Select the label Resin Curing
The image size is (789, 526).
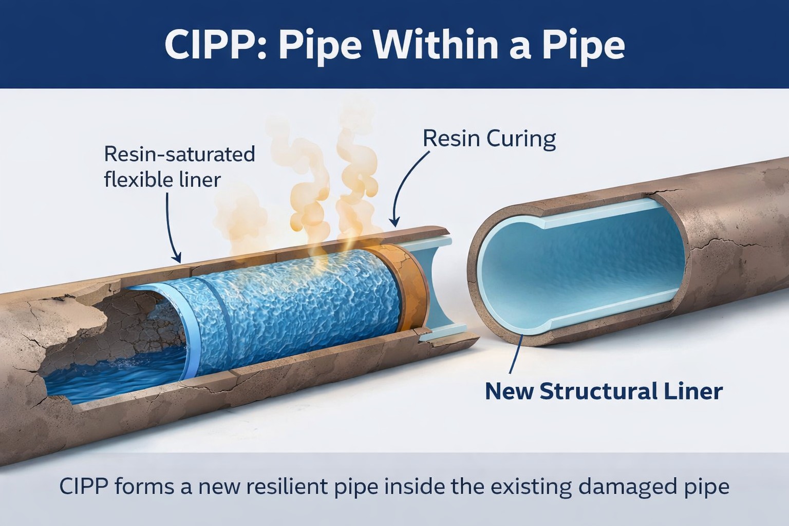[x=489, y=139]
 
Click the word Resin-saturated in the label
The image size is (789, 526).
[x=179, y=154]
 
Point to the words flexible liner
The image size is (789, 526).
[x=162, y=180]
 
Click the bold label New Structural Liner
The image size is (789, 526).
[x=604, y=391]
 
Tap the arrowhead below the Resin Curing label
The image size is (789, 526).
[x=394, y=222]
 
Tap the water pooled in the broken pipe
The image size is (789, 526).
[x=113, y=380]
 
